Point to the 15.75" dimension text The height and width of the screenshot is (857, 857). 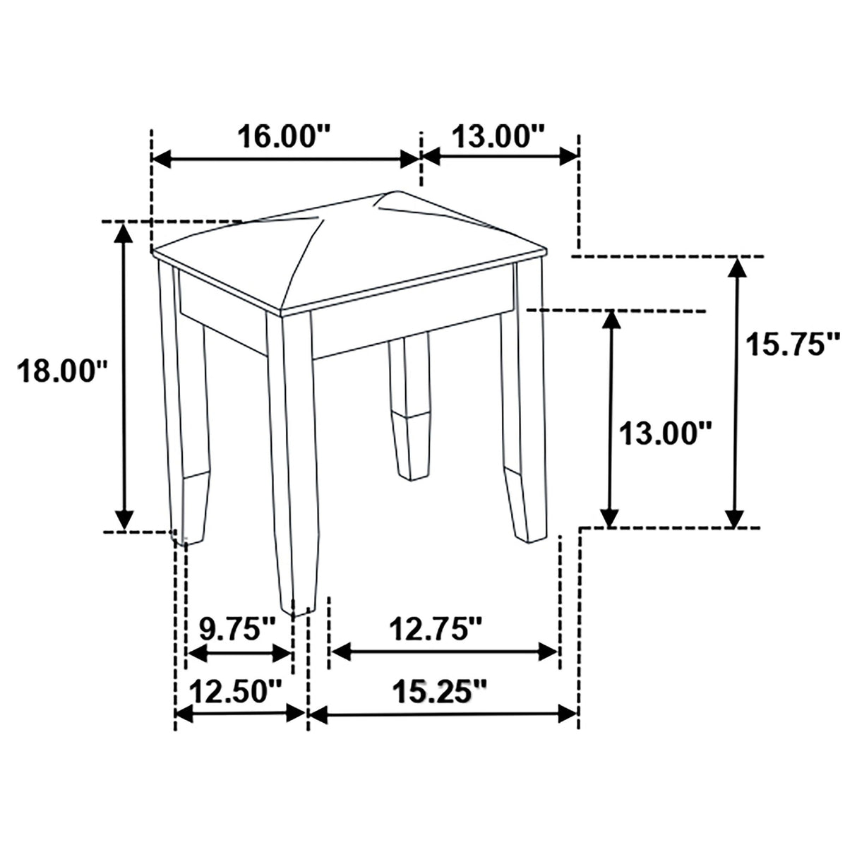[793, 344]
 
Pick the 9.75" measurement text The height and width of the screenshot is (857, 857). [237, 628]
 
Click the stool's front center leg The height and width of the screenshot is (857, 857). [291, 459]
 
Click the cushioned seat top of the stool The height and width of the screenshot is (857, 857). [349, 251]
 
